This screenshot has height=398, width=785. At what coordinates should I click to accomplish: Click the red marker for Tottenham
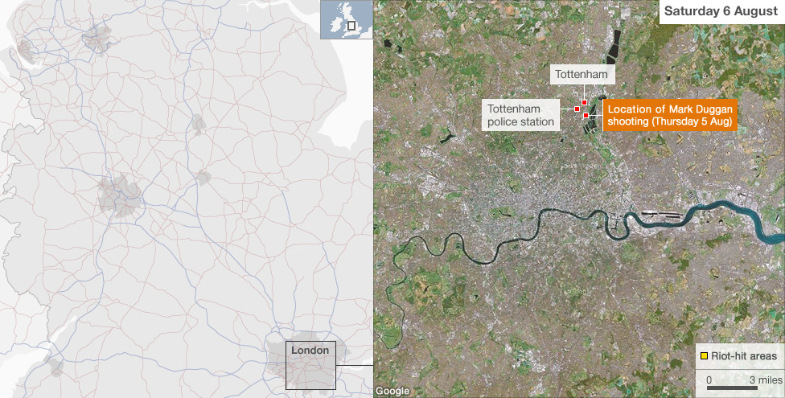pyautogui.click(x=584, y=102)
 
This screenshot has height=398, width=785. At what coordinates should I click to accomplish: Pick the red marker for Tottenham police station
pyautogui.click(x=577, y=109)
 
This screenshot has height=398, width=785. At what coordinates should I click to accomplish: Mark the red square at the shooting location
pyautogui.click(x=586, y=116)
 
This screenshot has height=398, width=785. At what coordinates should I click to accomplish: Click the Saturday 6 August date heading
pyautogui.click(x=721, y=11)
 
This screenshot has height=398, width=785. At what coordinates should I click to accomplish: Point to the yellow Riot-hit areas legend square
pyautogui.click(x=704, y=355)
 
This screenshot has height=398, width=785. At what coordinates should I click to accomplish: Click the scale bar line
pyautogui.click(x=731, y=388)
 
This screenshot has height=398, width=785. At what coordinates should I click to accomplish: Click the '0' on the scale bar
pyautogui.click(x=709, y=379)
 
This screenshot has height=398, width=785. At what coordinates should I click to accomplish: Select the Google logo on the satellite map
pyautogui.click(x=392, y=391)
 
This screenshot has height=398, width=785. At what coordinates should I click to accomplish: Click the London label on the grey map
pyautogui.click(x=310, y=351)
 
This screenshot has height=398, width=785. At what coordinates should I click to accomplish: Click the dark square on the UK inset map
pyautogui.click(x=351, y=26)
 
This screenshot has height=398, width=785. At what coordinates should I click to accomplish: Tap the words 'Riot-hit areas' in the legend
pyautogui.click(x=744, y=355)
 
